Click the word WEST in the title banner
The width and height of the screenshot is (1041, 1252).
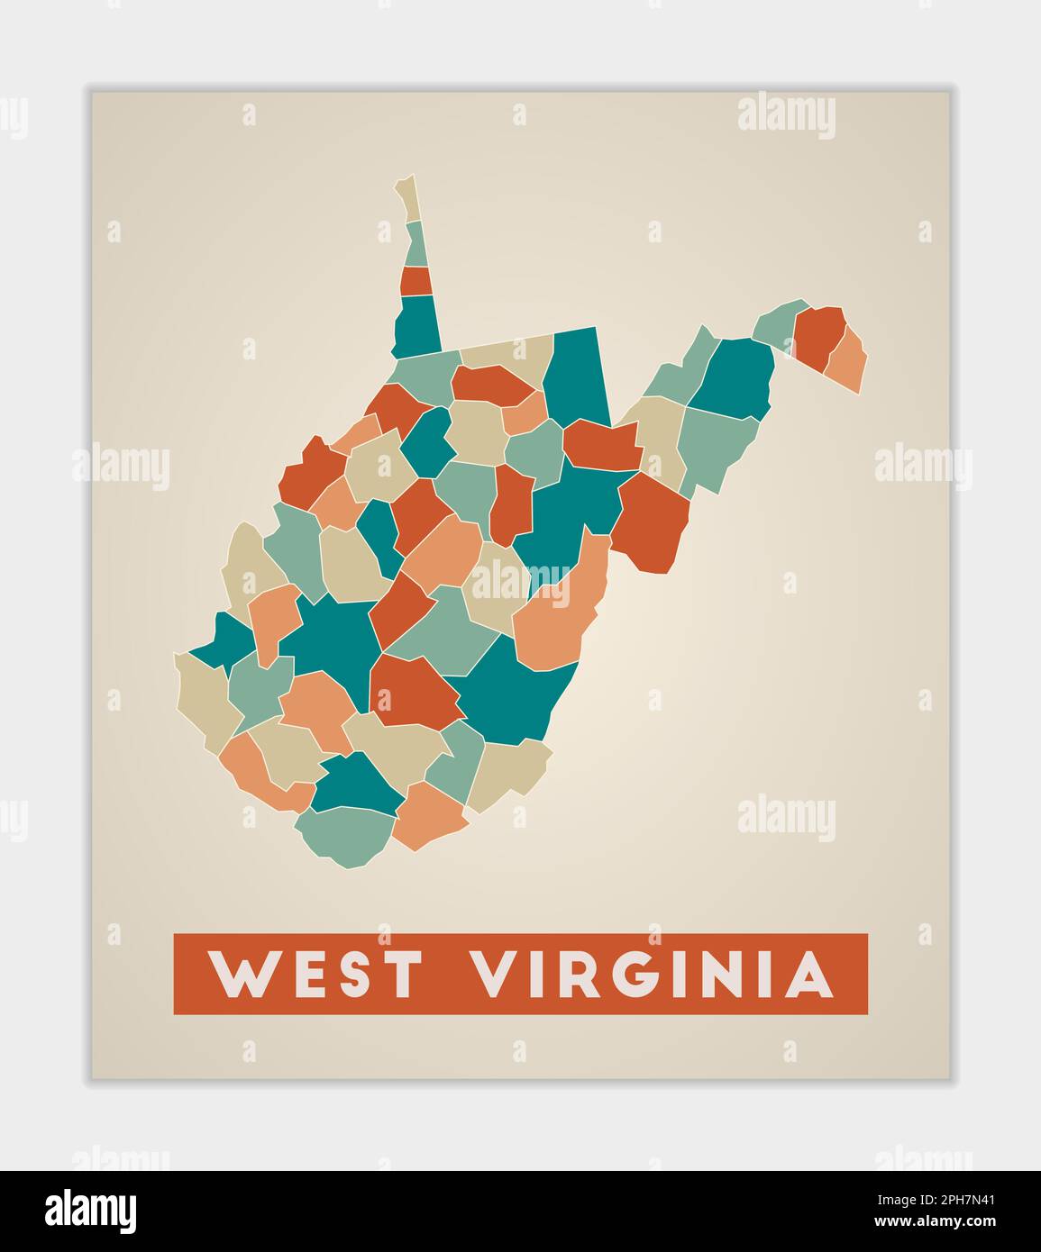pos(315,974)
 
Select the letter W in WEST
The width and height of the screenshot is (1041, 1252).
pos(241,974)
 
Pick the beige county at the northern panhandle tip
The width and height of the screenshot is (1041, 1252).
pos(409,198)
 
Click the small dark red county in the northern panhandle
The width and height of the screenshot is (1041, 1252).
pos(415,281)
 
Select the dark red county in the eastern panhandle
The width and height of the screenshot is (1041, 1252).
pos(817,335)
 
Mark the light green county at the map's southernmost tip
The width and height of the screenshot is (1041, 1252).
pos(346,834)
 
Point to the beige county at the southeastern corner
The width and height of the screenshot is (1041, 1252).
pos(509,770)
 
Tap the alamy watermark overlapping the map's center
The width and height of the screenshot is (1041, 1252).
pos(520,581)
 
